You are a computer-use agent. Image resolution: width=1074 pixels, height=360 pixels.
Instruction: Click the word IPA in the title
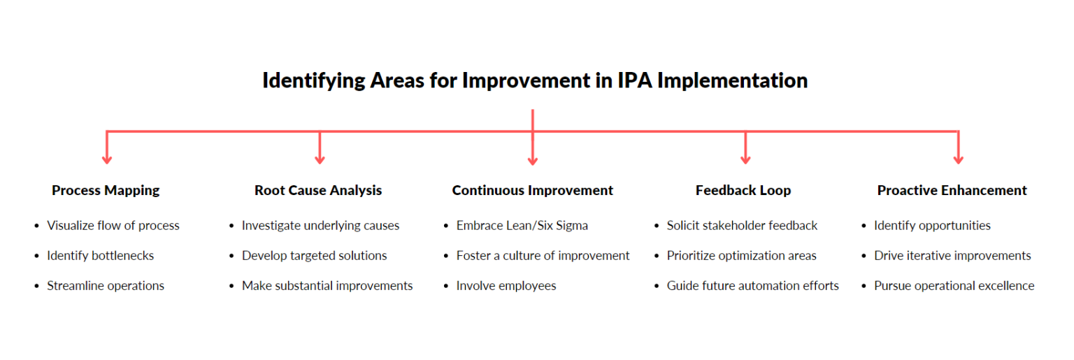(x=634, y=80)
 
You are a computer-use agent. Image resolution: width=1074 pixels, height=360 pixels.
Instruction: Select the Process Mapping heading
(x=106, y=190)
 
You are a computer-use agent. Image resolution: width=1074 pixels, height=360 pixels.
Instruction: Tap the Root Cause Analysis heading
(x=318, y=190)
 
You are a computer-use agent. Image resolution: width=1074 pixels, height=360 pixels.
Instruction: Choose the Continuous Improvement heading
(x=532, y=190)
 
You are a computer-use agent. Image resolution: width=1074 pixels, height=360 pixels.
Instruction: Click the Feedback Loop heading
(x=743, y=190)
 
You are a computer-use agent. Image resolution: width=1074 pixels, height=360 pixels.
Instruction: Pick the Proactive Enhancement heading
(x=952, y=190)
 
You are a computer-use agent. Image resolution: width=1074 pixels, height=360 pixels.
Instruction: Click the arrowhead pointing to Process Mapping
(x=107, y=159)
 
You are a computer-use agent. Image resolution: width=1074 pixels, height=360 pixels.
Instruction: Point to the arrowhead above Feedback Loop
(x=745, y=159)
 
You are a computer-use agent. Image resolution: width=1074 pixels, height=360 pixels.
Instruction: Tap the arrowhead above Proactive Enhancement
(x=958, y=159)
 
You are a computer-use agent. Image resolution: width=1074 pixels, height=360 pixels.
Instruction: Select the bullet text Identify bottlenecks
(x=100, y=256)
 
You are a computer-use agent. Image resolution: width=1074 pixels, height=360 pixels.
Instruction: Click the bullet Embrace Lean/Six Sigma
(x=522, y=226)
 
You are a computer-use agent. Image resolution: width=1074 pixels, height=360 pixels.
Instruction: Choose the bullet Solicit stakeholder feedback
(x=742, y=226)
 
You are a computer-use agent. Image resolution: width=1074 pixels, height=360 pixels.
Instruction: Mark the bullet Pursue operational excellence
(x=954, y=286)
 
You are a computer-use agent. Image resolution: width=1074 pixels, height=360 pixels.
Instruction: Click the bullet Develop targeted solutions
(x=314, y=256)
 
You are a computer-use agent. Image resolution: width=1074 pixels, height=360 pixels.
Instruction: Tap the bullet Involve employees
(x=506, y=286)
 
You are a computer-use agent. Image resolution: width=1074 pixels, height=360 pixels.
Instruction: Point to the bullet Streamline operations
(x=106, y=286)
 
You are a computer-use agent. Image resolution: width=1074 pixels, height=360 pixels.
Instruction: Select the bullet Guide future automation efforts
(x=752, y=286)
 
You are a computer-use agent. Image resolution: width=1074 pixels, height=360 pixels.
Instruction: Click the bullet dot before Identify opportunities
(x=865, y=226)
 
